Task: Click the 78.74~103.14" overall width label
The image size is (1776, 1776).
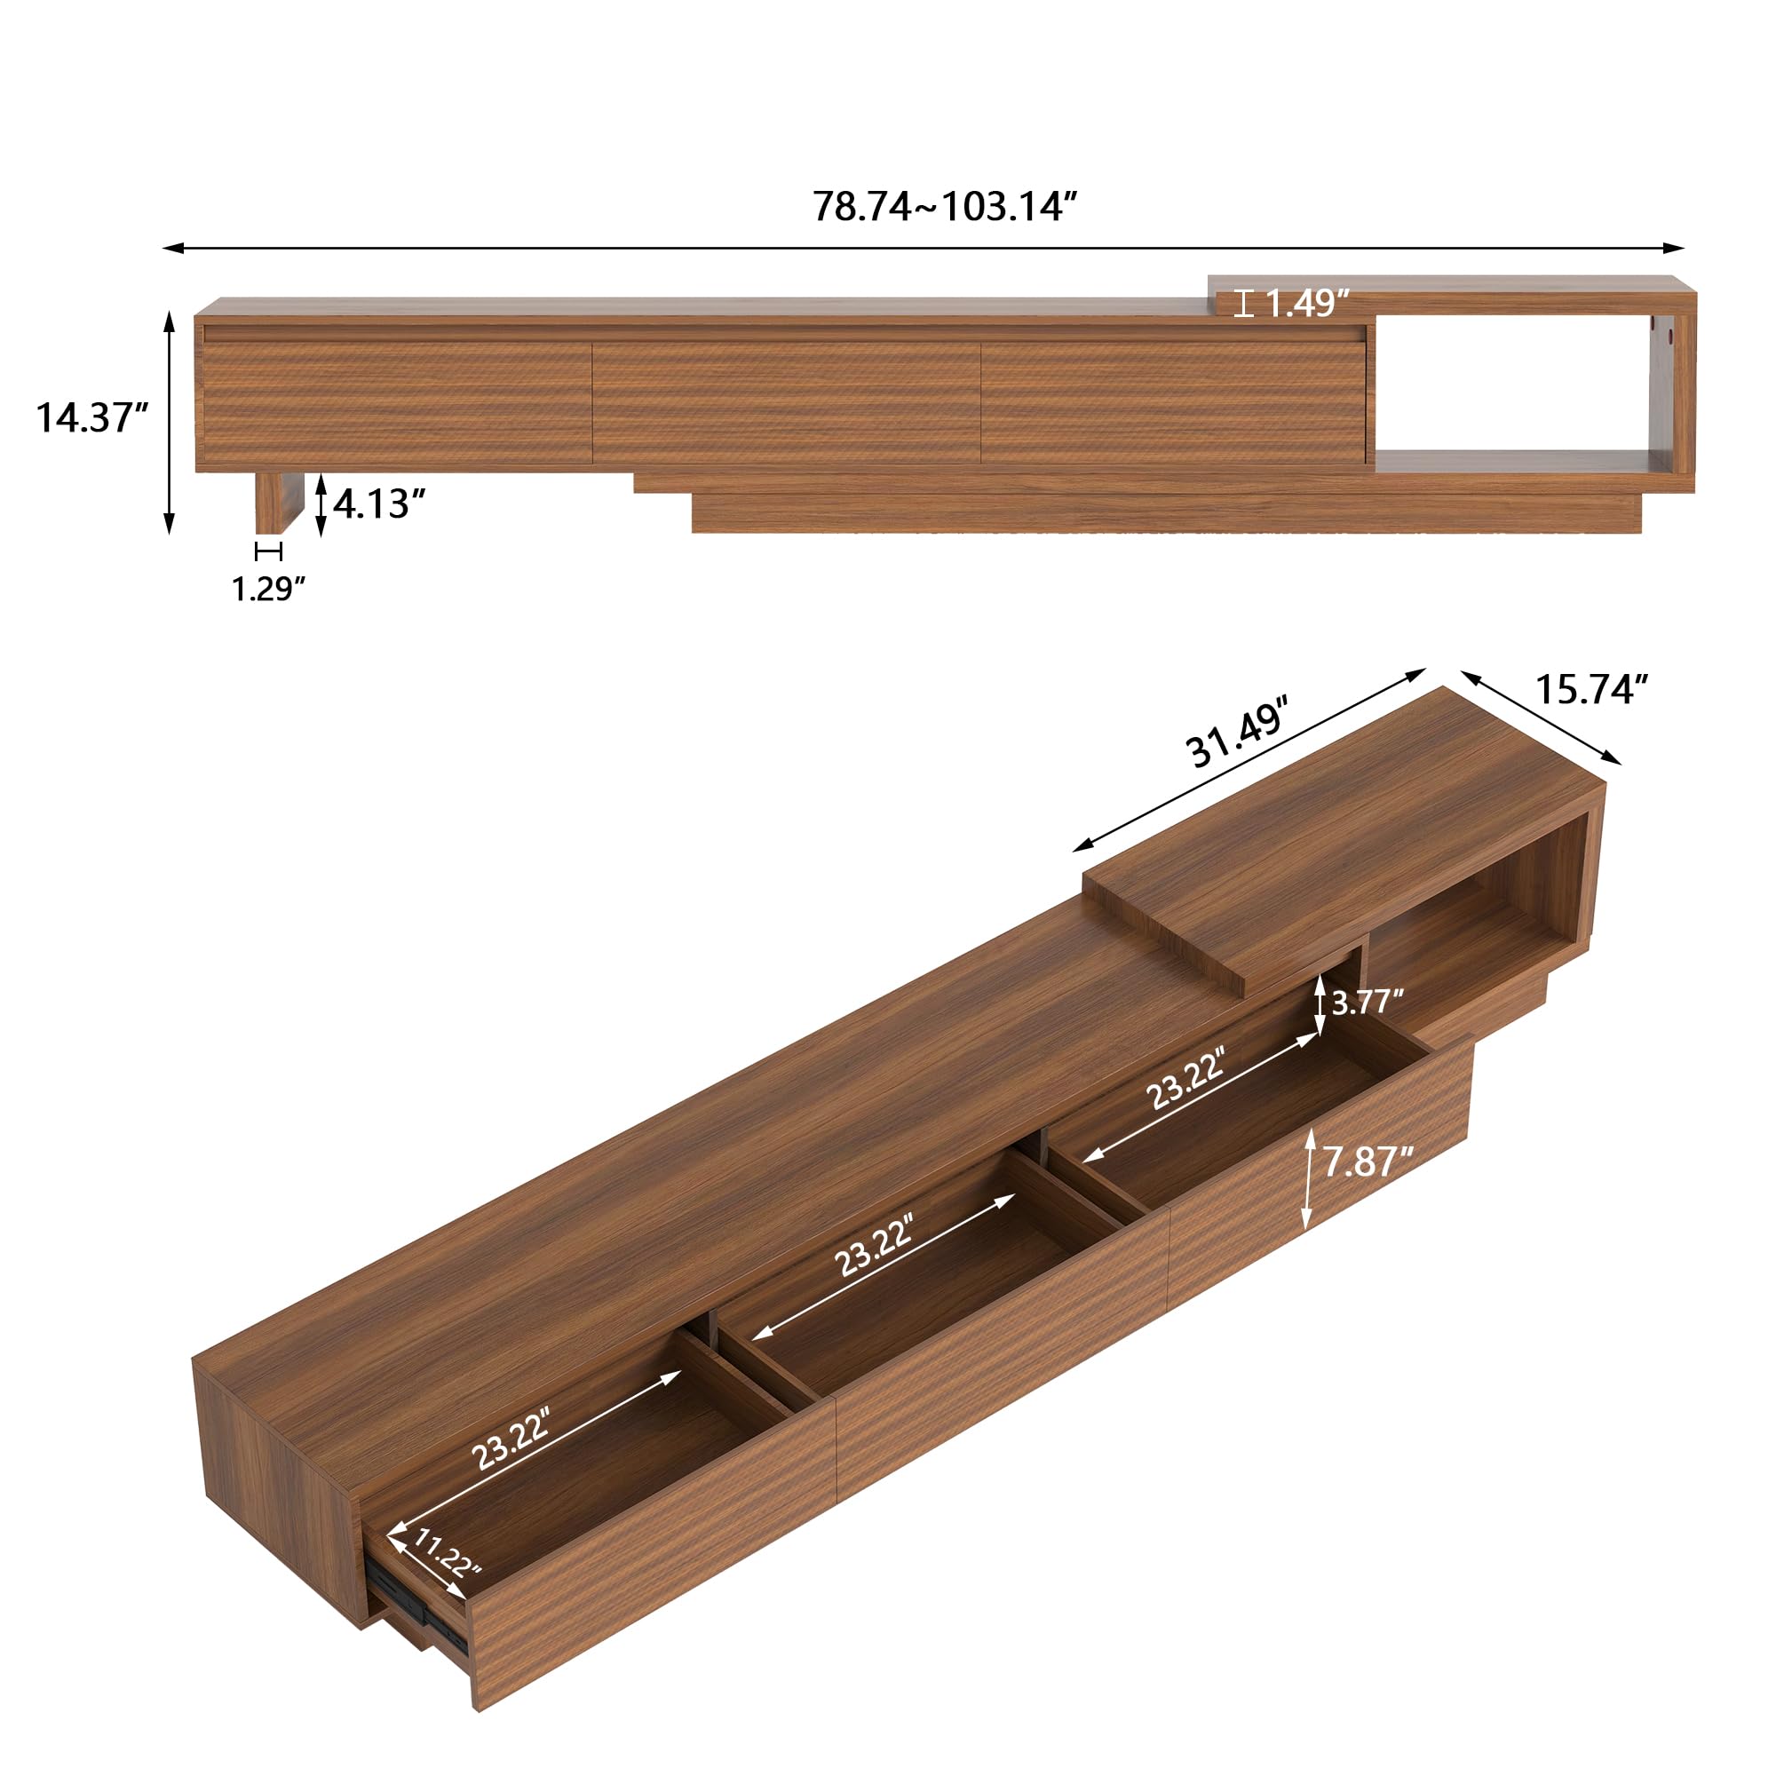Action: click(944, 206)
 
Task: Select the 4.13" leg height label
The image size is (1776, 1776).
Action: click(380, 503)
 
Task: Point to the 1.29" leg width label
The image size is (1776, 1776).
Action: click(267, 589)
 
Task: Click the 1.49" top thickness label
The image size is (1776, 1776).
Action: click(1308, 303)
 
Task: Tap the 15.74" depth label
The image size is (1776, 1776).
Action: click(1591, 688)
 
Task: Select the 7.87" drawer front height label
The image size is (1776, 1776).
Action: click(1368, 1162)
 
